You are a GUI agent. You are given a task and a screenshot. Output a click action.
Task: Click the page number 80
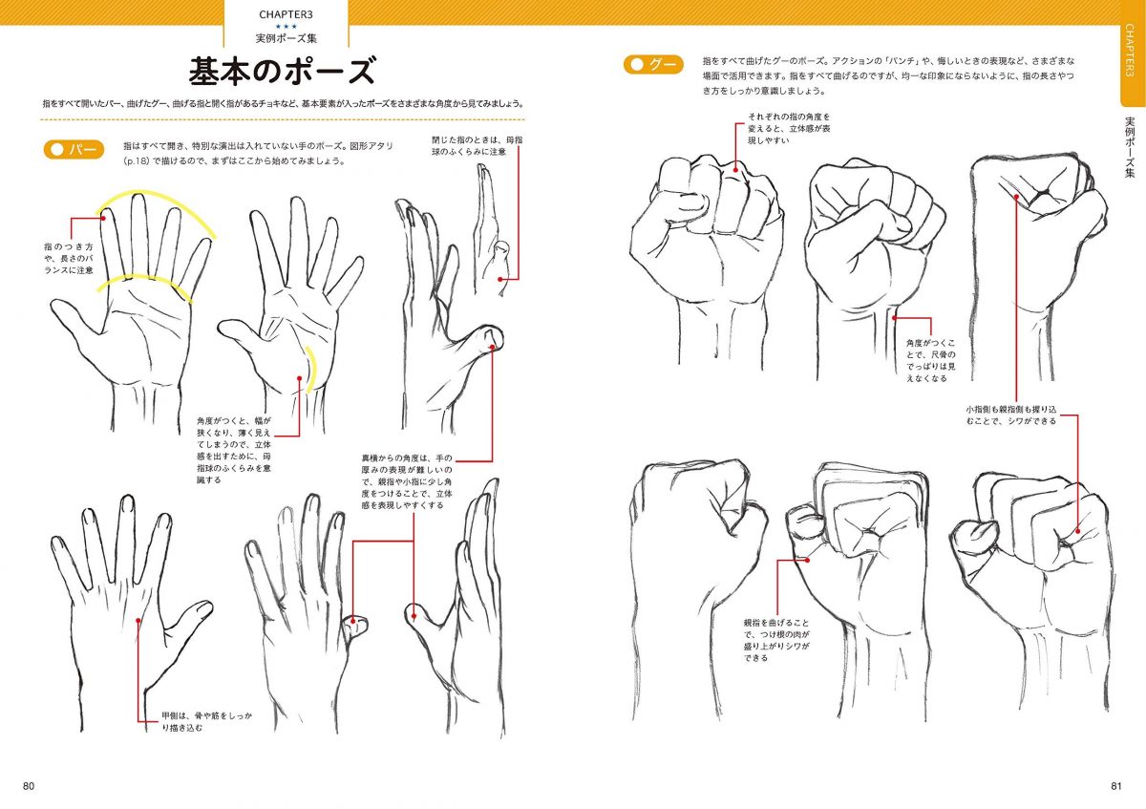29,786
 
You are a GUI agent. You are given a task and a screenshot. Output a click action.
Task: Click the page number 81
1116,786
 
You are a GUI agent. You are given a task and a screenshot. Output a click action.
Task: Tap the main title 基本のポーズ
282,71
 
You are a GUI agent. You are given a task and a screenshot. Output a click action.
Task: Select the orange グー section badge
654,65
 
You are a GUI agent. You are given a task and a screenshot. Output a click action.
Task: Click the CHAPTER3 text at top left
286,14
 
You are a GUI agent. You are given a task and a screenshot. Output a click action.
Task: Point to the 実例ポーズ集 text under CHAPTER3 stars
286,39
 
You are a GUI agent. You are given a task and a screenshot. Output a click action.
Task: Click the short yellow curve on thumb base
310,369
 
